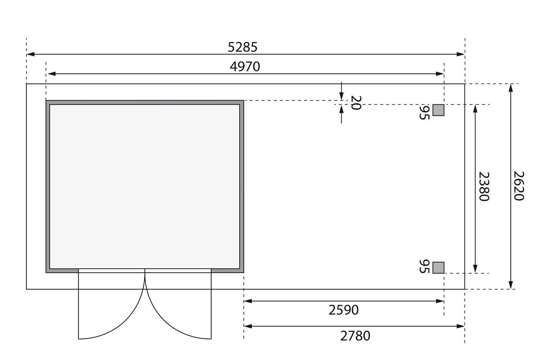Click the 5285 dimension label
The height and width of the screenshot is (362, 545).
(x=242, y=47)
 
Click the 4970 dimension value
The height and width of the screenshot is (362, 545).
(x=245, y=66)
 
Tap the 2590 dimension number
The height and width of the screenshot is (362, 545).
(x=343, y=310)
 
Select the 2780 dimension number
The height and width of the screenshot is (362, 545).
(x=355, y=336)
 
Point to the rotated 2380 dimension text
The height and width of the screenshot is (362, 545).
(x=484, y=186)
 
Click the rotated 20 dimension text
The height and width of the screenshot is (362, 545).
(x=356, y=103)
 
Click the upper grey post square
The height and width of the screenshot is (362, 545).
(x=438, y=110)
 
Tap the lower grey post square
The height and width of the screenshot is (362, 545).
(x=438, y=267)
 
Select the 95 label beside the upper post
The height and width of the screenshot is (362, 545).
(x=424, y=113)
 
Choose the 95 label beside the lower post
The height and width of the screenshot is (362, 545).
(x=424, y=266)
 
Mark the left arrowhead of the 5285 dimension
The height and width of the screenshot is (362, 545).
(x=30, y=54)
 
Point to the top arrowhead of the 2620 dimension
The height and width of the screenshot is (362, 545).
(x=510, y=88)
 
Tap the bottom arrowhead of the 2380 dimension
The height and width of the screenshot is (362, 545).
(x=475, y=269)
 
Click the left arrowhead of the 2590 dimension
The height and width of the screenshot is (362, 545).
(x=247, y=301)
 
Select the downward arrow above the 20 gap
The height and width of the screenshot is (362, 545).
(x=341, y=97)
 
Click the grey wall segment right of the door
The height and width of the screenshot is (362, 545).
(x=227, y=271)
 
